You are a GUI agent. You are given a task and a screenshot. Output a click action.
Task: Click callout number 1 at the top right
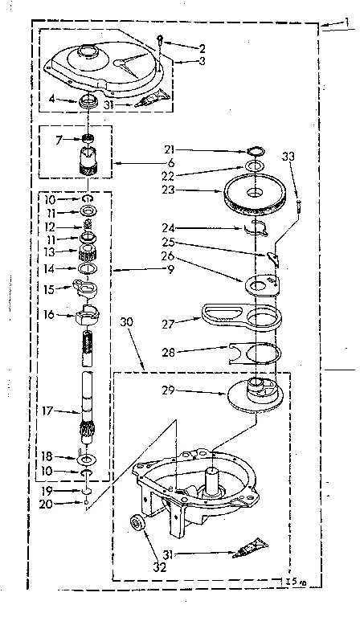click(x=346, y=28)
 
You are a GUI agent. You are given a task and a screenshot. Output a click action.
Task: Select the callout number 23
click(x=166, y=190)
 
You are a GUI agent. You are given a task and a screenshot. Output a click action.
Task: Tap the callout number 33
click(x=288, y=159)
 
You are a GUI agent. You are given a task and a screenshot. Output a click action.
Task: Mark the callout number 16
click(x=48, y=315)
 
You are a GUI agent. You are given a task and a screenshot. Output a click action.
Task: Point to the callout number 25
click(x=168, y=241)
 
